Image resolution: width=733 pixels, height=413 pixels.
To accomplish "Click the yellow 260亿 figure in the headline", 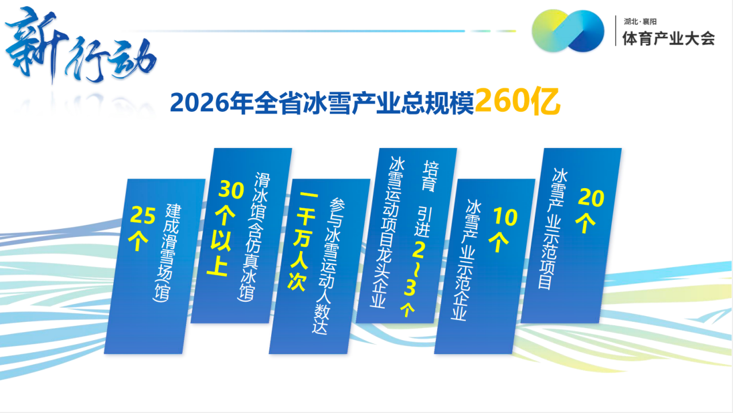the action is [518, 102].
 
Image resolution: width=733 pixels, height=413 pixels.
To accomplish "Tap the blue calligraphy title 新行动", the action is [80, 46].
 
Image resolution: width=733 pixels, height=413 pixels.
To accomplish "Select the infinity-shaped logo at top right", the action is [568, 31].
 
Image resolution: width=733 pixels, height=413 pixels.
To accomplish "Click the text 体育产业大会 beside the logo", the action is [669, 38].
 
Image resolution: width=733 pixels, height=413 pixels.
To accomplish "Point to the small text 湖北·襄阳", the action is [640, 22].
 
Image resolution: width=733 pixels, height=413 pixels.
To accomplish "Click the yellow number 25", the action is [142, 215].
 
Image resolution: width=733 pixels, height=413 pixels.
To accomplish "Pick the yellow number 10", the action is [506, 217].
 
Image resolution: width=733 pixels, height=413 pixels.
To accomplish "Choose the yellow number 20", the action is [591, 197].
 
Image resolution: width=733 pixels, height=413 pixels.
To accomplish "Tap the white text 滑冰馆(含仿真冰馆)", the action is [253, 236].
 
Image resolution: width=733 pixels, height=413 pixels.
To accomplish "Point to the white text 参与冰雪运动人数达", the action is [329, 266].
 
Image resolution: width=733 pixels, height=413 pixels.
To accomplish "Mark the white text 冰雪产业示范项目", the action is [553, 229].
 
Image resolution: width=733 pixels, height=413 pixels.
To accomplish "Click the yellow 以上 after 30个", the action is [219, 254].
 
